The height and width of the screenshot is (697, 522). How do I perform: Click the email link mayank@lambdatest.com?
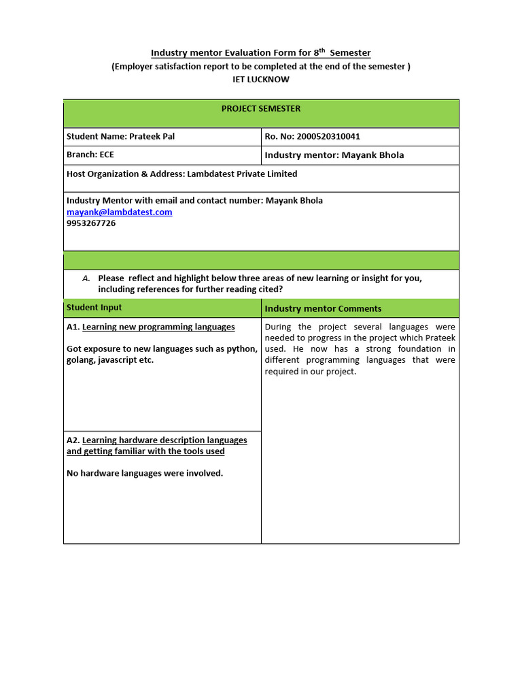click(x=120, y=212)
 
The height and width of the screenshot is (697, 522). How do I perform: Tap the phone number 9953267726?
click(x=91, y=223)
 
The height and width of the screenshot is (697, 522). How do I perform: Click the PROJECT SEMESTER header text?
click(x=261, y=109)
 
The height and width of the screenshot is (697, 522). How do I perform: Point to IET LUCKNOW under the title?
click(x=261, y=79)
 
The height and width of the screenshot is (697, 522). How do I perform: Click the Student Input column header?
click(x=94, y=308)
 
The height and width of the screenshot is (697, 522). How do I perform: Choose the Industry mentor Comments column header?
click(x=323, y=309)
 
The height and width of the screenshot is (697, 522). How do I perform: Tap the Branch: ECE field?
click(x=90, y=155)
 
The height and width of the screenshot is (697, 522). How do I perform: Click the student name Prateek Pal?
click(x=152, y=136)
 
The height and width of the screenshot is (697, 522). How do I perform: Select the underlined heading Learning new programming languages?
click(x=158, y=327)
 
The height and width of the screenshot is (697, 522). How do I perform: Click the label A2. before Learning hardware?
click(x=73, y=440)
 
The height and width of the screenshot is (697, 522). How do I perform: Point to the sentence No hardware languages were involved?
click(x=145, y=473)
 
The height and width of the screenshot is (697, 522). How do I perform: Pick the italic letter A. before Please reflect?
click(x=86, y=278)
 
